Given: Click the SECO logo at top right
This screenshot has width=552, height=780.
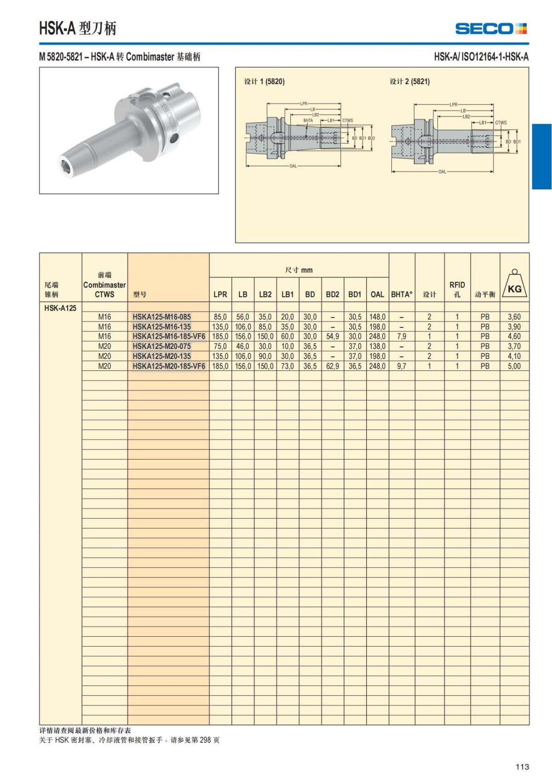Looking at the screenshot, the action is point(491,28).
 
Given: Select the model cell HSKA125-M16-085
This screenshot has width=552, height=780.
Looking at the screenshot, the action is point(162,317).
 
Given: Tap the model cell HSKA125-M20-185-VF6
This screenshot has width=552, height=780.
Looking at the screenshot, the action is point(169,366).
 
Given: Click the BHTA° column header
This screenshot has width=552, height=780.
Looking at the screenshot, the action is point(402,294).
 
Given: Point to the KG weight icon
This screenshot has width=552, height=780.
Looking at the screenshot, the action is point(514,285).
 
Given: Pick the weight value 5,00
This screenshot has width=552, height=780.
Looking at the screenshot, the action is point(514,366).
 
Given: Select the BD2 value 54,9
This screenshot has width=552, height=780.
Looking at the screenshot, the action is point(333,336).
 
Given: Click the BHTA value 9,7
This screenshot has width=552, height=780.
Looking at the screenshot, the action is point(402,366).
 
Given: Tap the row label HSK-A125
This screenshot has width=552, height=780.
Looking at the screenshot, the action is point(60,308).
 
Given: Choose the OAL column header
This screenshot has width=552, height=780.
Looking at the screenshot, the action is point(377,294).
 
